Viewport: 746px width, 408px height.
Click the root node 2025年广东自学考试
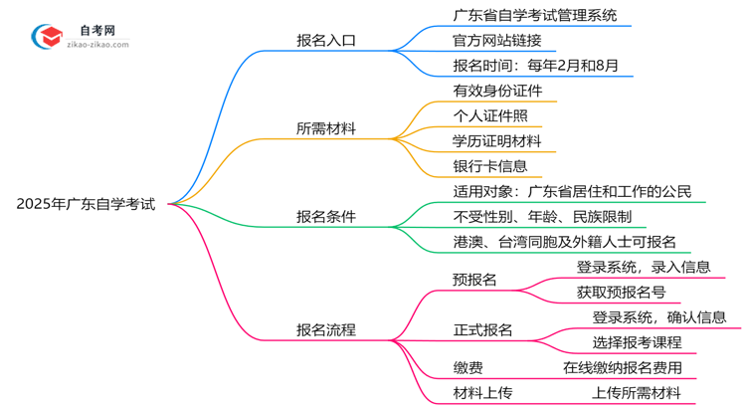pos(86,204)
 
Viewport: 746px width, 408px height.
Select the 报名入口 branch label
pos(326,41)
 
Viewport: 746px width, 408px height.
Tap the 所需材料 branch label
pos(326,128)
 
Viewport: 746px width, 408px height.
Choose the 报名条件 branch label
pos(326,216)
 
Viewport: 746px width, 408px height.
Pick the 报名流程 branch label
pos(326,328)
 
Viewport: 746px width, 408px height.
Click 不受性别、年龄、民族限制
pos(527,216)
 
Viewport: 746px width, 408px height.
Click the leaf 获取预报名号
pos(621,292)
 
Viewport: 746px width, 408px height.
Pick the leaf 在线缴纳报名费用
pos(622,367)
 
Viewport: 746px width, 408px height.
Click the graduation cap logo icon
pos(44,35)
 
